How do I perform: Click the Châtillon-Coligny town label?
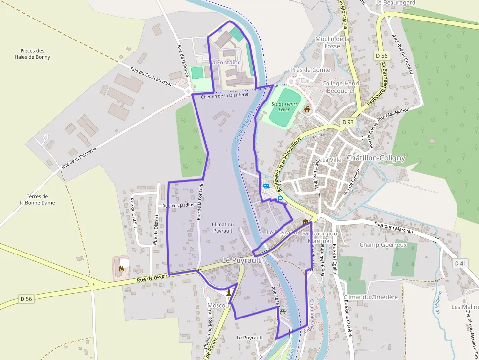[x=375, y=158]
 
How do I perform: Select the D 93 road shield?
[x=348, y=122]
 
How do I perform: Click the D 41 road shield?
[x=460, y=263]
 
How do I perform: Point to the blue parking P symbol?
[x=280, y=199]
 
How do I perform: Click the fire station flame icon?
[x=121, y=268]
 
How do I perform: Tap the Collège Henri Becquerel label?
[x=341, y=87]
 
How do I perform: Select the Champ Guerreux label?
[x=383, y=244]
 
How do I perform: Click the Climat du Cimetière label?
[x=370, y=297]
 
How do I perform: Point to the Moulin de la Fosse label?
[x=332, y=42]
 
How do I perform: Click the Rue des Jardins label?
[x=178, y=205]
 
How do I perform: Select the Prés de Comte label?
[x=310, y=70]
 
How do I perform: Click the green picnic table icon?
[x=283, y=311]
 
